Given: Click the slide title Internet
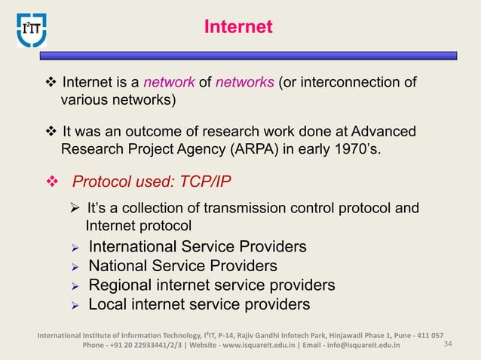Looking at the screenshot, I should [237, 28].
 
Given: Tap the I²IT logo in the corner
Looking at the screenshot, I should [32, 28].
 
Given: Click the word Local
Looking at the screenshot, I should [109, 304].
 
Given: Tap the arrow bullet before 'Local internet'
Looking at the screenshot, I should [74, 305].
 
